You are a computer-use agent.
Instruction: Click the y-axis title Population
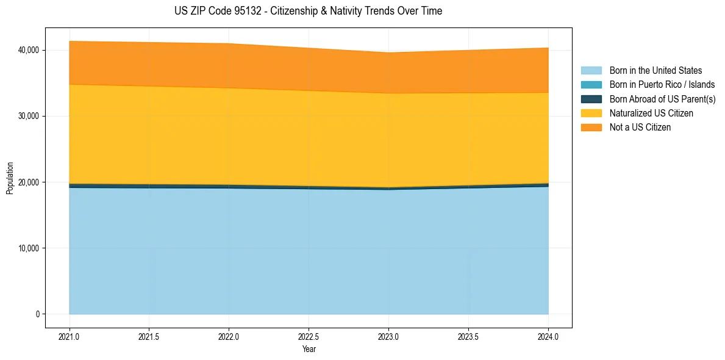point(10,178)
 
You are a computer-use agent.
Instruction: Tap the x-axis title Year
point(309,349)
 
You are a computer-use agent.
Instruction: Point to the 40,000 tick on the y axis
point(30,50)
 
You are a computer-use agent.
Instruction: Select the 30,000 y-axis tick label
point(30,116)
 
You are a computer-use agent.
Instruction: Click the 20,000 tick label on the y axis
point(30,182)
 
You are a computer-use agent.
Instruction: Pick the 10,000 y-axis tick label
point(30,248)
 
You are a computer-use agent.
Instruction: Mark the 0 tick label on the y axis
point(37,314)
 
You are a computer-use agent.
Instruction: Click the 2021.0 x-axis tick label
point(70,336)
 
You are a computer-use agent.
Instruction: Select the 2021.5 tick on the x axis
point(149,336)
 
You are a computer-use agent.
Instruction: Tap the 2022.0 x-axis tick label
point(229,336)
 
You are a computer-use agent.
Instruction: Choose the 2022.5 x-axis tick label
point(309,336)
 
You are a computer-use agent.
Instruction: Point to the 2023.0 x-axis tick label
point(389,336)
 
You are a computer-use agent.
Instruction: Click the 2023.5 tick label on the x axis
point(468,336)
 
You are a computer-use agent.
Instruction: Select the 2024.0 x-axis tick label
point(548,336)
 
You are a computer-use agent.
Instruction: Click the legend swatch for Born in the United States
point(591,71)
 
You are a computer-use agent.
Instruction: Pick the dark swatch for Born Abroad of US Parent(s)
point(591,99)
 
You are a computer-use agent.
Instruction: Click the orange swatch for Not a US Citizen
point(591,127)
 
